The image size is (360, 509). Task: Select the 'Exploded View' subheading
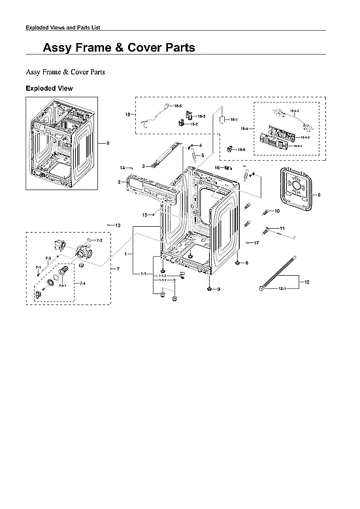(x=49, y=88)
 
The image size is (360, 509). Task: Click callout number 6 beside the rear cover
(x=319, y=195)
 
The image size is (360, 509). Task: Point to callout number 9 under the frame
(x=218, y=289)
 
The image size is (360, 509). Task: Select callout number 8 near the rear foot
(x=246, y=263)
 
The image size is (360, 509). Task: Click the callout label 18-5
(x=178, y=105)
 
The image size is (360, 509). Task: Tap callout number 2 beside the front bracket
(x=119, y=181)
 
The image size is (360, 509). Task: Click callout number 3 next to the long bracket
(x=142, y=166)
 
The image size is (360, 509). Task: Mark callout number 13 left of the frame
(x=118, y=225)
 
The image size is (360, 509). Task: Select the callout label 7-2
(x=99, y=240)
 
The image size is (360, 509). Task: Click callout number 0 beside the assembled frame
(x=108, y=142)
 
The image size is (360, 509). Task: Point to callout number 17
(x=257, y=242)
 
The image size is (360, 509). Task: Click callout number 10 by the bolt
(x=276, y=211)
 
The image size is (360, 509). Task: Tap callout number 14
(x=122, y=168)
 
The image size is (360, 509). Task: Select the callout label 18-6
(x=242, y=150)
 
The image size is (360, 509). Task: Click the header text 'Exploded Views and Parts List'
(x=62, y=27)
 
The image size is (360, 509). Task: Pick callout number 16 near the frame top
(x=217, y=168)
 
